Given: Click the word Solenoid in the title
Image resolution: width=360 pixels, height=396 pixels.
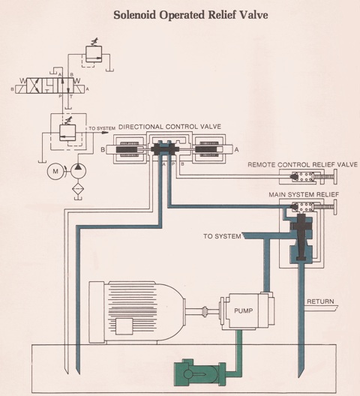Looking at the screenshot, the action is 135,15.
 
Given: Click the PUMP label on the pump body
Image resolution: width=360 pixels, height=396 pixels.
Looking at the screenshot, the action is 243,310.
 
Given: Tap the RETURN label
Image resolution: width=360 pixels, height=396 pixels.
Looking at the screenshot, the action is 320,301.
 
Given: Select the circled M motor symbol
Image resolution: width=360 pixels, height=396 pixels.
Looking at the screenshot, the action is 55,172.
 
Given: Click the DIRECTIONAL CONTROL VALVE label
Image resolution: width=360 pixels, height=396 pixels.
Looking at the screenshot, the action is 169,127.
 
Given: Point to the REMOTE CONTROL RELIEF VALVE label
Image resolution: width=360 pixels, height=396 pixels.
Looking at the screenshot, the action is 302,165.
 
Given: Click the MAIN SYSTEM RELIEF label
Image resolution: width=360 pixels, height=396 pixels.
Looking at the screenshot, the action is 304,195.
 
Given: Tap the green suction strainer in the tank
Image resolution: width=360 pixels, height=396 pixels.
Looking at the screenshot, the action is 200,373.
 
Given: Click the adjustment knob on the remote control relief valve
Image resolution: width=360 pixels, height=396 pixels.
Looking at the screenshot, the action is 335,177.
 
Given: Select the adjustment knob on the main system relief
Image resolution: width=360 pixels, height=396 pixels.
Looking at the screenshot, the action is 335,207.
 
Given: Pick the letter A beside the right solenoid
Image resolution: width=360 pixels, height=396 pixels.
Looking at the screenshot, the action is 236,149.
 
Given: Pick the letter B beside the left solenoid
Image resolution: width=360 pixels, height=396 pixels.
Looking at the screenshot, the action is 103,149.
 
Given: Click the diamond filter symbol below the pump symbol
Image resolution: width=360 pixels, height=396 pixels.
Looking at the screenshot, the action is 78,189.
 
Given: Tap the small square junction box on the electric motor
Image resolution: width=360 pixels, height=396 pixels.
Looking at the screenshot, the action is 124,326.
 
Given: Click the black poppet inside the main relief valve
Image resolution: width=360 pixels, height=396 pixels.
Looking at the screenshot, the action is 301,236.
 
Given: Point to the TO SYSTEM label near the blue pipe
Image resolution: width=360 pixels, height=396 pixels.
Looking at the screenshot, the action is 222,236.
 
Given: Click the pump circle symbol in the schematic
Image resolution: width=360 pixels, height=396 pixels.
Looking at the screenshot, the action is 78,171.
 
